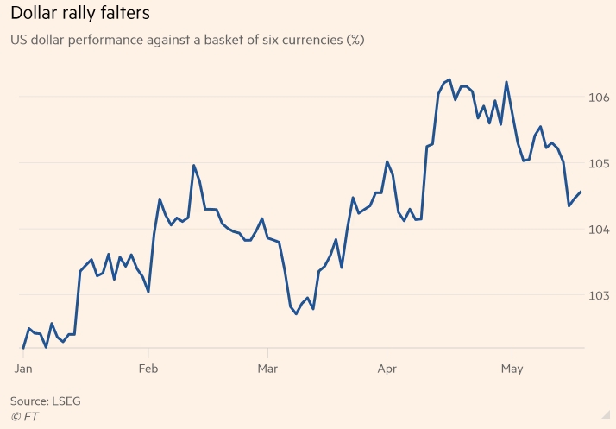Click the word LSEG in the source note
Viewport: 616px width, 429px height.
pos(66,401)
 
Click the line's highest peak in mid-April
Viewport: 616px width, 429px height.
pos(449,79)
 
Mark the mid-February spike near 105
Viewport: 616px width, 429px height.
pos(193,165)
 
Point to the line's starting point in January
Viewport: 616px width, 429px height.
pos(23,348)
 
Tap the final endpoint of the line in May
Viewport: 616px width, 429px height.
pos(581,192)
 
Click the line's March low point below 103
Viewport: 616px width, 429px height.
pos(296,313)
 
